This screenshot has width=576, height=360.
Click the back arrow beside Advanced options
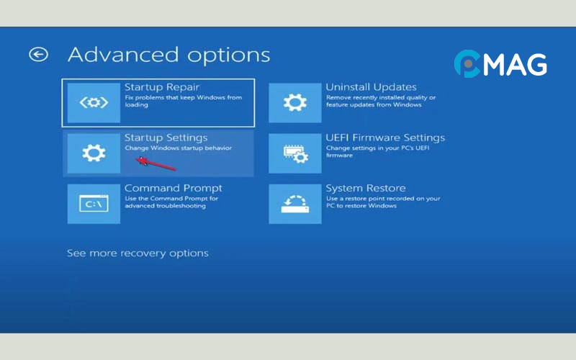(38, 54)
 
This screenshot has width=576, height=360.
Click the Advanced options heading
(168, 55)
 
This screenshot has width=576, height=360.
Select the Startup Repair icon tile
(94, 102)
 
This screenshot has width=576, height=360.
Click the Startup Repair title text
(162, 87)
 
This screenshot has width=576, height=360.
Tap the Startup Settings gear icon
(94, 153)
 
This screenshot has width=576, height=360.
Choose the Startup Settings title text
(166, 138)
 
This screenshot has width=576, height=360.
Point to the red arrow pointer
(155, 163)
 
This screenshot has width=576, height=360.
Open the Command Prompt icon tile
(94, 203)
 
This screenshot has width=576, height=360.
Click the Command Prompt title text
(174, 188)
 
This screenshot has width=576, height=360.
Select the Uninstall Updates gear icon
(295, 102)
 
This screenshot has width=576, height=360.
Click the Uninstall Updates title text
(371, 87)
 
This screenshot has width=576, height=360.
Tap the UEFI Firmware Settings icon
(295, 153)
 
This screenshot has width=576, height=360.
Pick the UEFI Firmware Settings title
(385, 138)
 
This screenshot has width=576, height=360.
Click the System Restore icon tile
(295, 203)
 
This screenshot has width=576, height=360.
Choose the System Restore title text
(366, 188)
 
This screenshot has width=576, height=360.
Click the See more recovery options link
(138, 253)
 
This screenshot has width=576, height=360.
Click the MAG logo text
(513, 65)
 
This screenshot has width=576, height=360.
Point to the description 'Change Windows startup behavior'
(179, 148)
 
